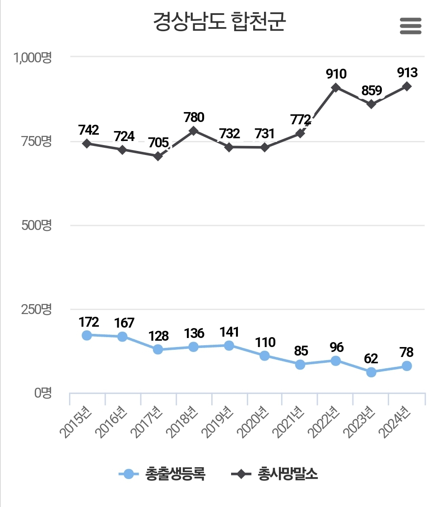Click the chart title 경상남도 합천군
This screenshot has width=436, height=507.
click(219, 22)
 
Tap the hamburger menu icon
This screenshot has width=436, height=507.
click(411, 26)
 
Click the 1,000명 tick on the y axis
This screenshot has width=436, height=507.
click(32, 57)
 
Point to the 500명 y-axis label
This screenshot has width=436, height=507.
click(37, 225)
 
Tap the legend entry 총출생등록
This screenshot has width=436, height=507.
click(162, 474)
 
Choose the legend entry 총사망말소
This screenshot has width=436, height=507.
click(275, 474)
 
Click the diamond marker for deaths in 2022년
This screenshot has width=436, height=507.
click(335, 88)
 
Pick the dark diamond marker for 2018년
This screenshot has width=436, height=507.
click(194, 131)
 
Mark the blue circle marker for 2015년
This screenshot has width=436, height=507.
click(87, 335)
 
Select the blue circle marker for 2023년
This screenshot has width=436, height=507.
click(371, 372)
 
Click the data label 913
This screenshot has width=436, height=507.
click(407, 72)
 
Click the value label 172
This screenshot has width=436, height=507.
click(88, 322)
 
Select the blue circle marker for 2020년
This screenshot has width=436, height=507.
click(264, 356)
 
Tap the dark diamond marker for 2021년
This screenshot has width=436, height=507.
click(300, 134)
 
